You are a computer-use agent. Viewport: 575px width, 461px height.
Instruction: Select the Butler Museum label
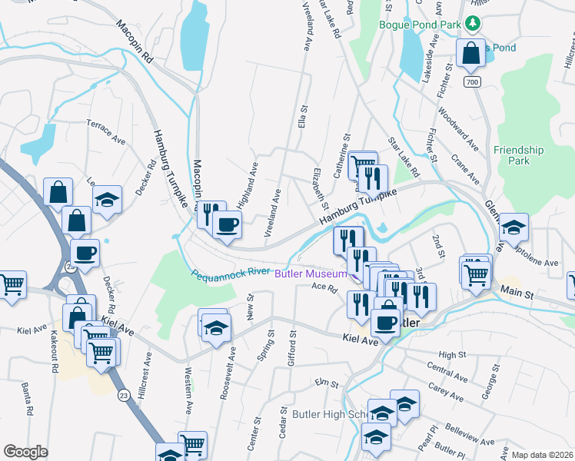click(309, 274)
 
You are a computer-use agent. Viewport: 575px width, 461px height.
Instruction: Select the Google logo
click(25, 451)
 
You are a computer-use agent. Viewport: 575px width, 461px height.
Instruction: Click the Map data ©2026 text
click(543, 455)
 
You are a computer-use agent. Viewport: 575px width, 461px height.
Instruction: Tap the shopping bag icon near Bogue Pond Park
click(470, 54)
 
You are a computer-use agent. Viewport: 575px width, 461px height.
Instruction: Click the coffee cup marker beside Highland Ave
click(226, 224)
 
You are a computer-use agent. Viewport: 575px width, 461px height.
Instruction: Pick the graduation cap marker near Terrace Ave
click(108, 200)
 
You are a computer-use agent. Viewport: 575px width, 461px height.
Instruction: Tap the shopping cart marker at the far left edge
click(11, 285)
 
